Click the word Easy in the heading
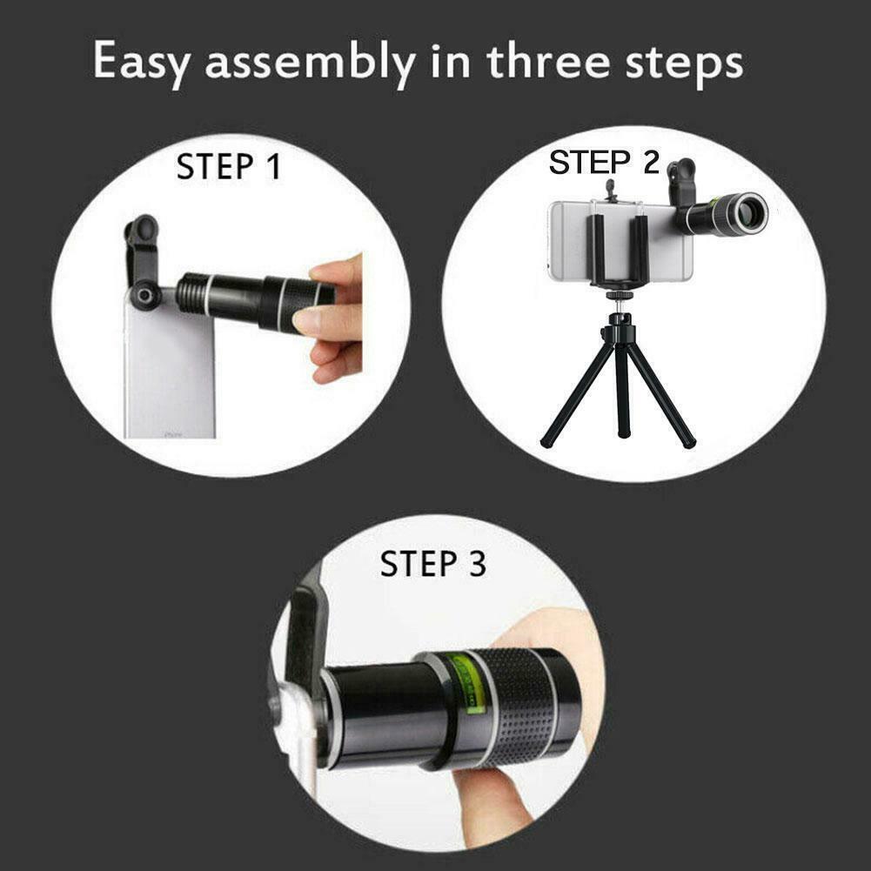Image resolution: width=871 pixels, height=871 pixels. (x=142, y=62)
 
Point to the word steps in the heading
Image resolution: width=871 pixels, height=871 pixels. (x=684, y=64)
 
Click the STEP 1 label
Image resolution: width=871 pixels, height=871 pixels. (x=228, y=166)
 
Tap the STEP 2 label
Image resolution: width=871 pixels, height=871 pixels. (x=604, y=162)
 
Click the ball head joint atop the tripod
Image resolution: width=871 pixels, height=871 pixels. (x=620, y=318)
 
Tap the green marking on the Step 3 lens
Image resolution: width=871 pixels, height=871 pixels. (x=467, y=683)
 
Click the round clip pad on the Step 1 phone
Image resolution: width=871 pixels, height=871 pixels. (x=145, y=296)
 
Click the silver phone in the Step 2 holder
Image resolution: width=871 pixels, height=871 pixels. (x=620, y=241)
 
